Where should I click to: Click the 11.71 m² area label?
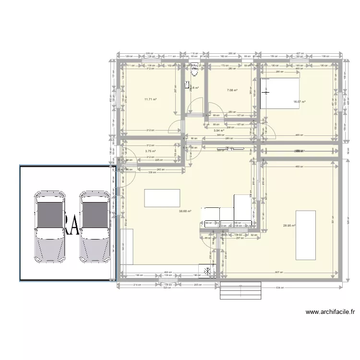tap(151, 99)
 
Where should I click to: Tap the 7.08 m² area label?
tap(232, 90)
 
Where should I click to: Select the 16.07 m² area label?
tap(300, 102)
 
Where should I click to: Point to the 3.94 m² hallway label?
tap(219, 131)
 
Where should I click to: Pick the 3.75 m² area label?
tap(151, 151)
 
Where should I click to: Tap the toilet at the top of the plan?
tap(194, 72)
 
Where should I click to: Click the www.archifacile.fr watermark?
tap(330, 312)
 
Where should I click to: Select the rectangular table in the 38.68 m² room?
tap(162, 198)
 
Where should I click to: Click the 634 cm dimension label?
tap(280, 288)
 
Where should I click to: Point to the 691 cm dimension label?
tap(333, 221)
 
